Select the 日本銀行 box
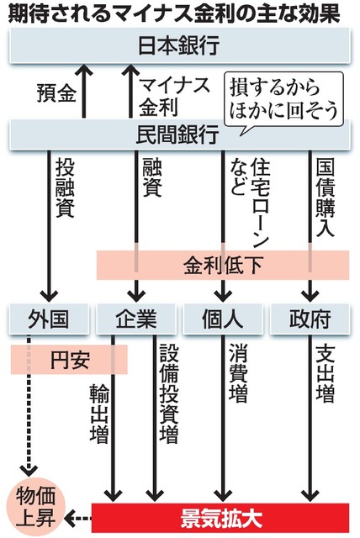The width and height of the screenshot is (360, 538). pyautogui.click(x=180, y=47)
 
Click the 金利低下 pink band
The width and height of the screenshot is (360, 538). pyautogui.click(x=222, y=265)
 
